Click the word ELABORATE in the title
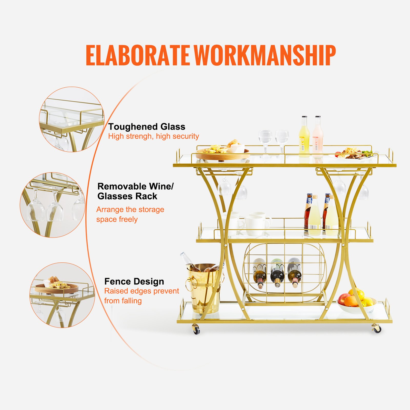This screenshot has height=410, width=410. [137, 55]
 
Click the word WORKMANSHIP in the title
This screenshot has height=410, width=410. [264, 55]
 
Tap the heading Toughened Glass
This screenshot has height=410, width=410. [147, 127]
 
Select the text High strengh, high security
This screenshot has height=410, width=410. [153, 136]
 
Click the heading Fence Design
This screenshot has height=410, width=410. [134, 281]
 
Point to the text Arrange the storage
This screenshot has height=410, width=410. [130, 210]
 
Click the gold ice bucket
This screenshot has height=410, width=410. [203, 290]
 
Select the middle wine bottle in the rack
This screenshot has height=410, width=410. [277, 273]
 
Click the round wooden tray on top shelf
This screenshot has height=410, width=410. [222, 155]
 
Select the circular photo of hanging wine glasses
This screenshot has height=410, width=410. [53, 205]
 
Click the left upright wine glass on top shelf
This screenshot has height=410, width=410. [265, 142]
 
